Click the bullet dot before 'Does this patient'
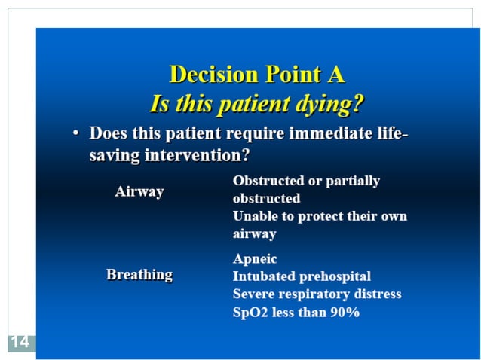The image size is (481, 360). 75,134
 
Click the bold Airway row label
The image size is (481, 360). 139,191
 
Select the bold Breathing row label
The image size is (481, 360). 139,275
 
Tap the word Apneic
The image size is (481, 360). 255,258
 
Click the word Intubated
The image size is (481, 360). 263,276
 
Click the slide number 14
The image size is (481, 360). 20,343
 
